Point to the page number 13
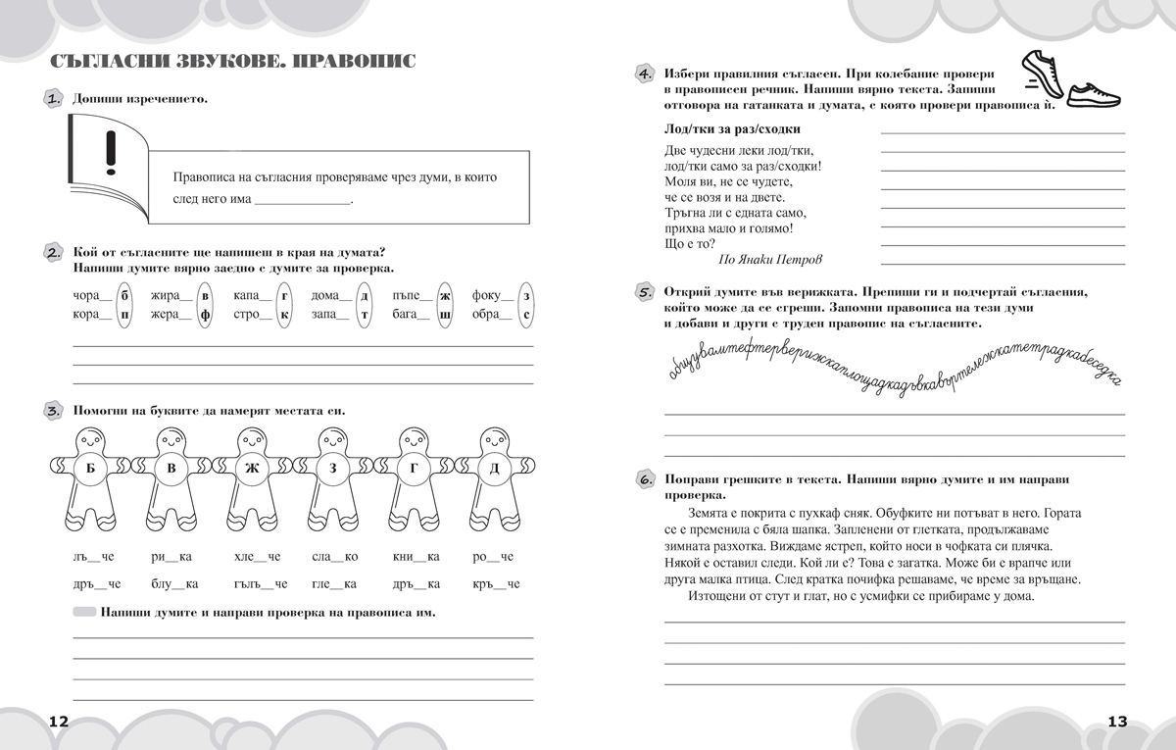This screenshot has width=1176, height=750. click(1117, 721)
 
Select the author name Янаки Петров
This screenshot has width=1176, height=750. click(770, 260)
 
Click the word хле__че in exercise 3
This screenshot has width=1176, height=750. click(257, 557)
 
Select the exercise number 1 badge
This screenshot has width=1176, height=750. click(54, 98)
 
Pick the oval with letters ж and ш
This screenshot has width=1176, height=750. click(445, 305)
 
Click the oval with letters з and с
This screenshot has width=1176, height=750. click(526, 305)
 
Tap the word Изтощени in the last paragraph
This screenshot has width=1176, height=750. click(714, 595)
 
